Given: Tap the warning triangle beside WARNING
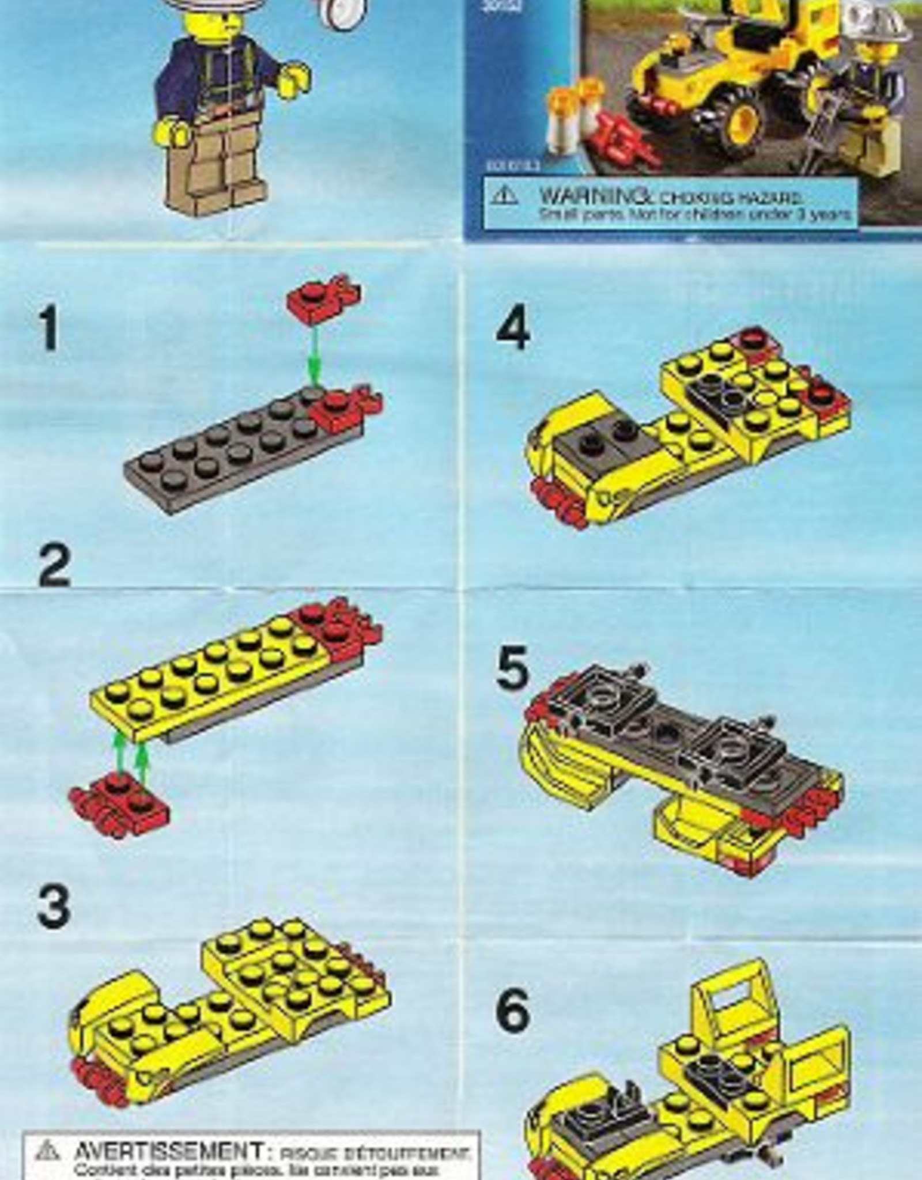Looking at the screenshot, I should (504, 196).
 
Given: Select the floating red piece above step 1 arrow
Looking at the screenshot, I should (323, 298).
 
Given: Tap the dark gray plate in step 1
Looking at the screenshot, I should (231, 455).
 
